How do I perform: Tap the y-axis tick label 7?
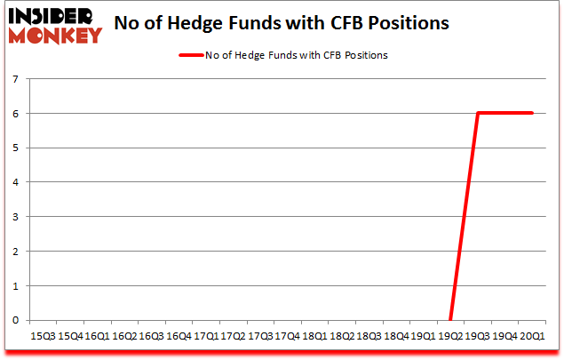click(16, 79)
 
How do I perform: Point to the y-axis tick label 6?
click(16, 114)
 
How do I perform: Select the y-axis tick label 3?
click(16, 217)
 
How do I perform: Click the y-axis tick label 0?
click(16, 320)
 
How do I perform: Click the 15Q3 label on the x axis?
click(42, 336)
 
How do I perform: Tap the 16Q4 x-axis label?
click(178, 336)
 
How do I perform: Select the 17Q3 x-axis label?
click(259, 336)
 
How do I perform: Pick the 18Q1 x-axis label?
click(314, 336)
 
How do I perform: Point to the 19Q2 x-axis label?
click(450, 336)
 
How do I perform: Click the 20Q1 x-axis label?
click(533, 336)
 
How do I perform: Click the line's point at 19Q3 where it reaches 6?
click(478, 113)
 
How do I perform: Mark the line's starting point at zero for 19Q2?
click(450, 319)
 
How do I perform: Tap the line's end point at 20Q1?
click(532, 113)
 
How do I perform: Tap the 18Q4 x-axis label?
click(396, 336)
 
